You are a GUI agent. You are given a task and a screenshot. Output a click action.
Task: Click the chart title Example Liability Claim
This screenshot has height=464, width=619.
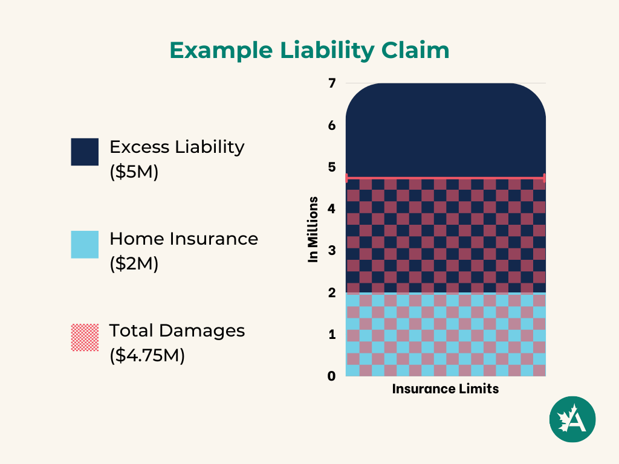(309, 51)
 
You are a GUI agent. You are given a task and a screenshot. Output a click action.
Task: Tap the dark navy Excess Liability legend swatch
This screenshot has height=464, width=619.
(85, 152)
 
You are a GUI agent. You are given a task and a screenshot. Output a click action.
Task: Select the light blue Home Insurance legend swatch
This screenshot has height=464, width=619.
(85, 244)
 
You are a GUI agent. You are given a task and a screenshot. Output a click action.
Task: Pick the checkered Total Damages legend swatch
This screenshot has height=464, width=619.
(85, 337)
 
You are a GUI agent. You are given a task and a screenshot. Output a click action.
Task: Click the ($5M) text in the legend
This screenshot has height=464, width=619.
(134, 172)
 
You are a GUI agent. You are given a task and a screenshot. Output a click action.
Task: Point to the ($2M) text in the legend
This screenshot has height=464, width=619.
(134, 264)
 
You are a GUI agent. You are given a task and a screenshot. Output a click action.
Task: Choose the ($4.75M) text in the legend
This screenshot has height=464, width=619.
(147, 356)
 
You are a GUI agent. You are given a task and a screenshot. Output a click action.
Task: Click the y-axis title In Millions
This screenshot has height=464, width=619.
(313, 230)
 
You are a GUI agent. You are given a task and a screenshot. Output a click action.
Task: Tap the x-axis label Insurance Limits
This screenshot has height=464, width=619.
(446, 389)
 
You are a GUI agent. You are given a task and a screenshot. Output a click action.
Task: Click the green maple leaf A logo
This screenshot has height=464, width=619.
(572, 419)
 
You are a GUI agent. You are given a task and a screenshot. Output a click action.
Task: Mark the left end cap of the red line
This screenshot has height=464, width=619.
(346, 178)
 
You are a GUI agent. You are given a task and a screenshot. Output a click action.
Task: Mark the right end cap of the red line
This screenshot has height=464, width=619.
(545, 178)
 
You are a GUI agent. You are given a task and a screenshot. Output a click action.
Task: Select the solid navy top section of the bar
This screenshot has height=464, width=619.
(446, 130)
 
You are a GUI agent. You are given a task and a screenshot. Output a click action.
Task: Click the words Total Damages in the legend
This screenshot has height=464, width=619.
(177, 330)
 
